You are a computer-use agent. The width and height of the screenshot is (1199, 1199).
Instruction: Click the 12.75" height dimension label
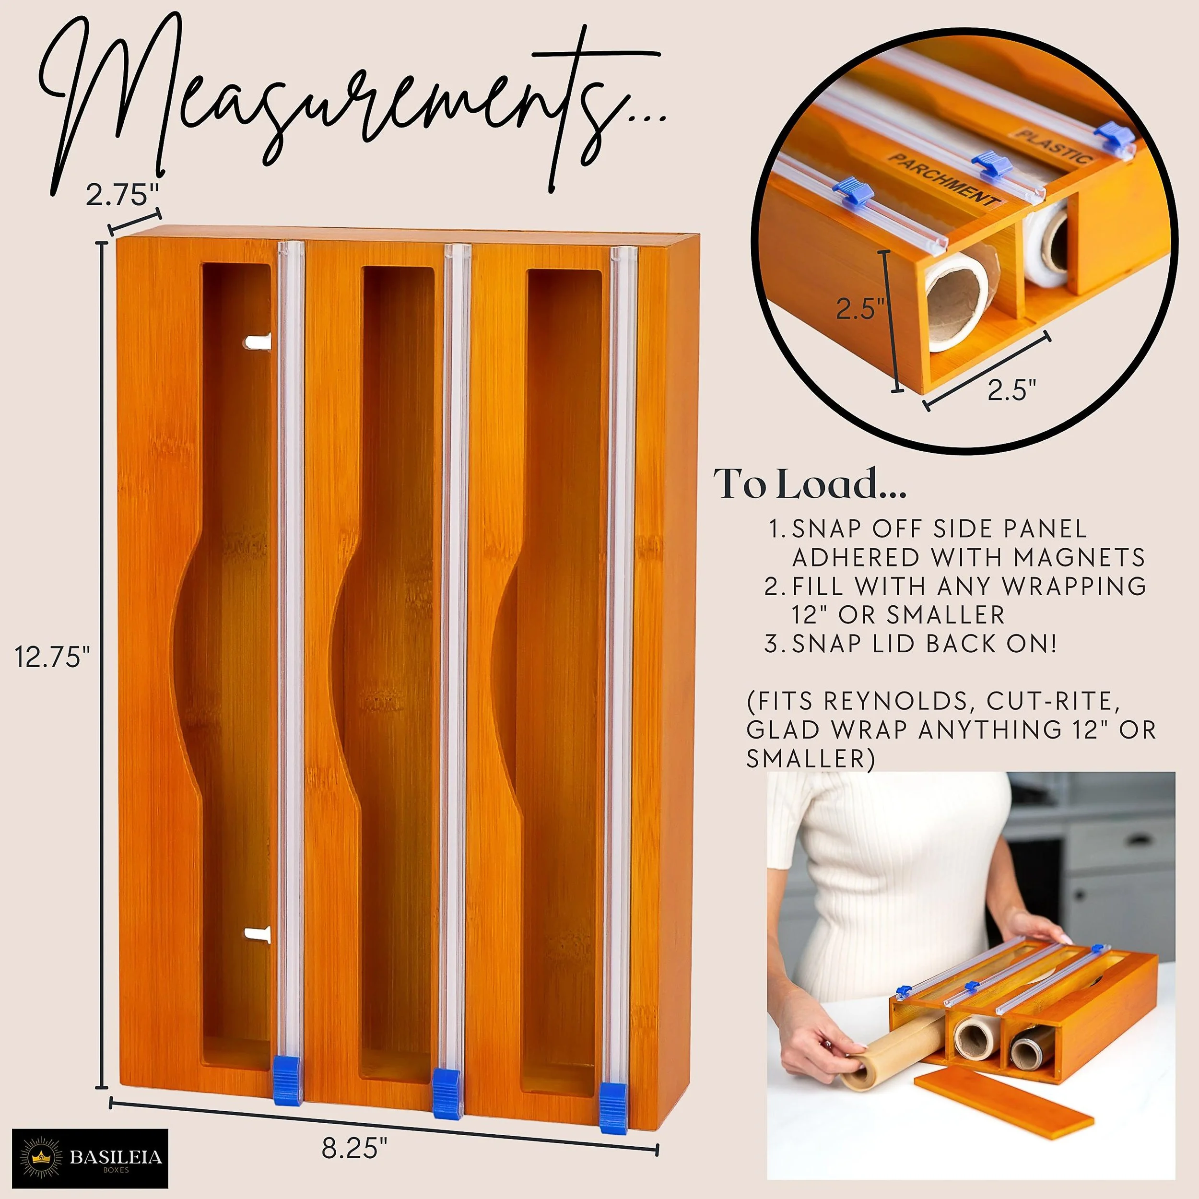(53, 657)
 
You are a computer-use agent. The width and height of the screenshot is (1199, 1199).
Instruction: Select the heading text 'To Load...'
(810, 485)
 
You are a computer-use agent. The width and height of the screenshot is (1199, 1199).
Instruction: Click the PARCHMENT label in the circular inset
(944, 180)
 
